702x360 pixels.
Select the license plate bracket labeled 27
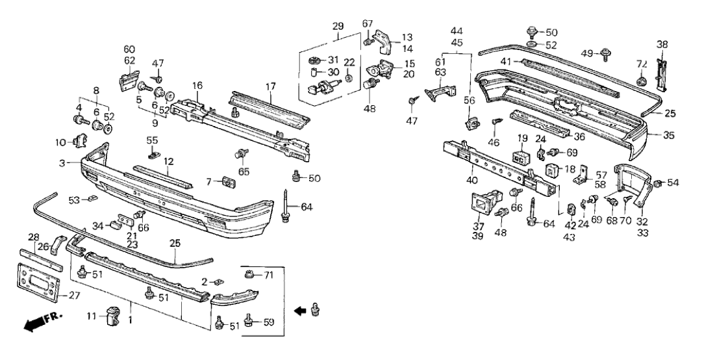pyautogui.click(x=36, y=283)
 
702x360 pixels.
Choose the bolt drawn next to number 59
pyautogui.click(x=249, y=320)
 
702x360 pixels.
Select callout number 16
pyautogui.click(x=197, y=85)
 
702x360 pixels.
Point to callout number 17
pyautogui.click(x=271, y=85)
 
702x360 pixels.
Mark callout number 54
pyautogui.click(x=672, y=184)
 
